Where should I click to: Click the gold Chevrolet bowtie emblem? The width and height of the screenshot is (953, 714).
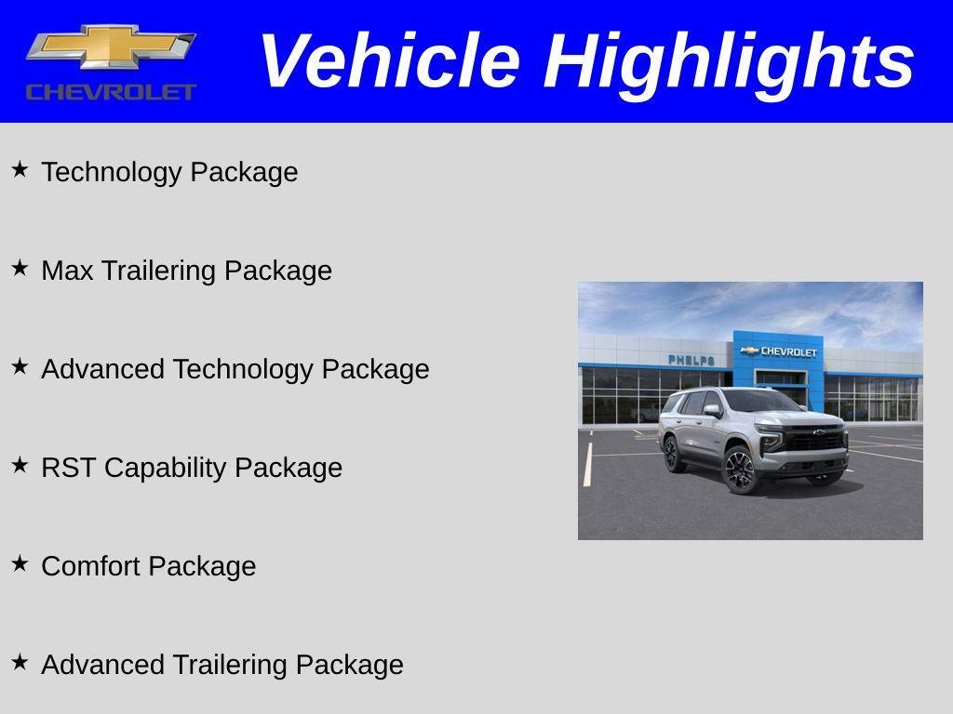pos(111,46)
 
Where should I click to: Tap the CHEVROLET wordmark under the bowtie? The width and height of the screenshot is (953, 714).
pos(111,91)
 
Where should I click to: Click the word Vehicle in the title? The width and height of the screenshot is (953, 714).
pos(389,61)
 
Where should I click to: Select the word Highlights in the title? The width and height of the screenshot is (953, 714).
pos(729,61)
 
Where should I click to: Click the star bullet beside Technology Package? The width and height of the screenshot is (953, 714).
pos(20,169)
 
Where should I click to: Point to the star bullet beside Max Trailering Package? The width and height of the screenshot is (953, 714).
pos(20,268)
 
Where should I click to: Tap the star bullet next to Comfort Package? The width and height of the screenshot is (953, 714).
pos(20,563)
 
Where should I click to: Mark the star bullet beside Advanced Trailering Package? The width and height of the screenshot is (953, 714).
pos(20,662)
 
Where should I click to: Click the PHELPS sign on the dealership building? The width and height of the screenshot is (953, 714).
pos(691,360)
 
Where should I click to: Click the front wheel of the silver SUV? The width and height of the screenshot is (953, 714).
pos(740,469)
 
